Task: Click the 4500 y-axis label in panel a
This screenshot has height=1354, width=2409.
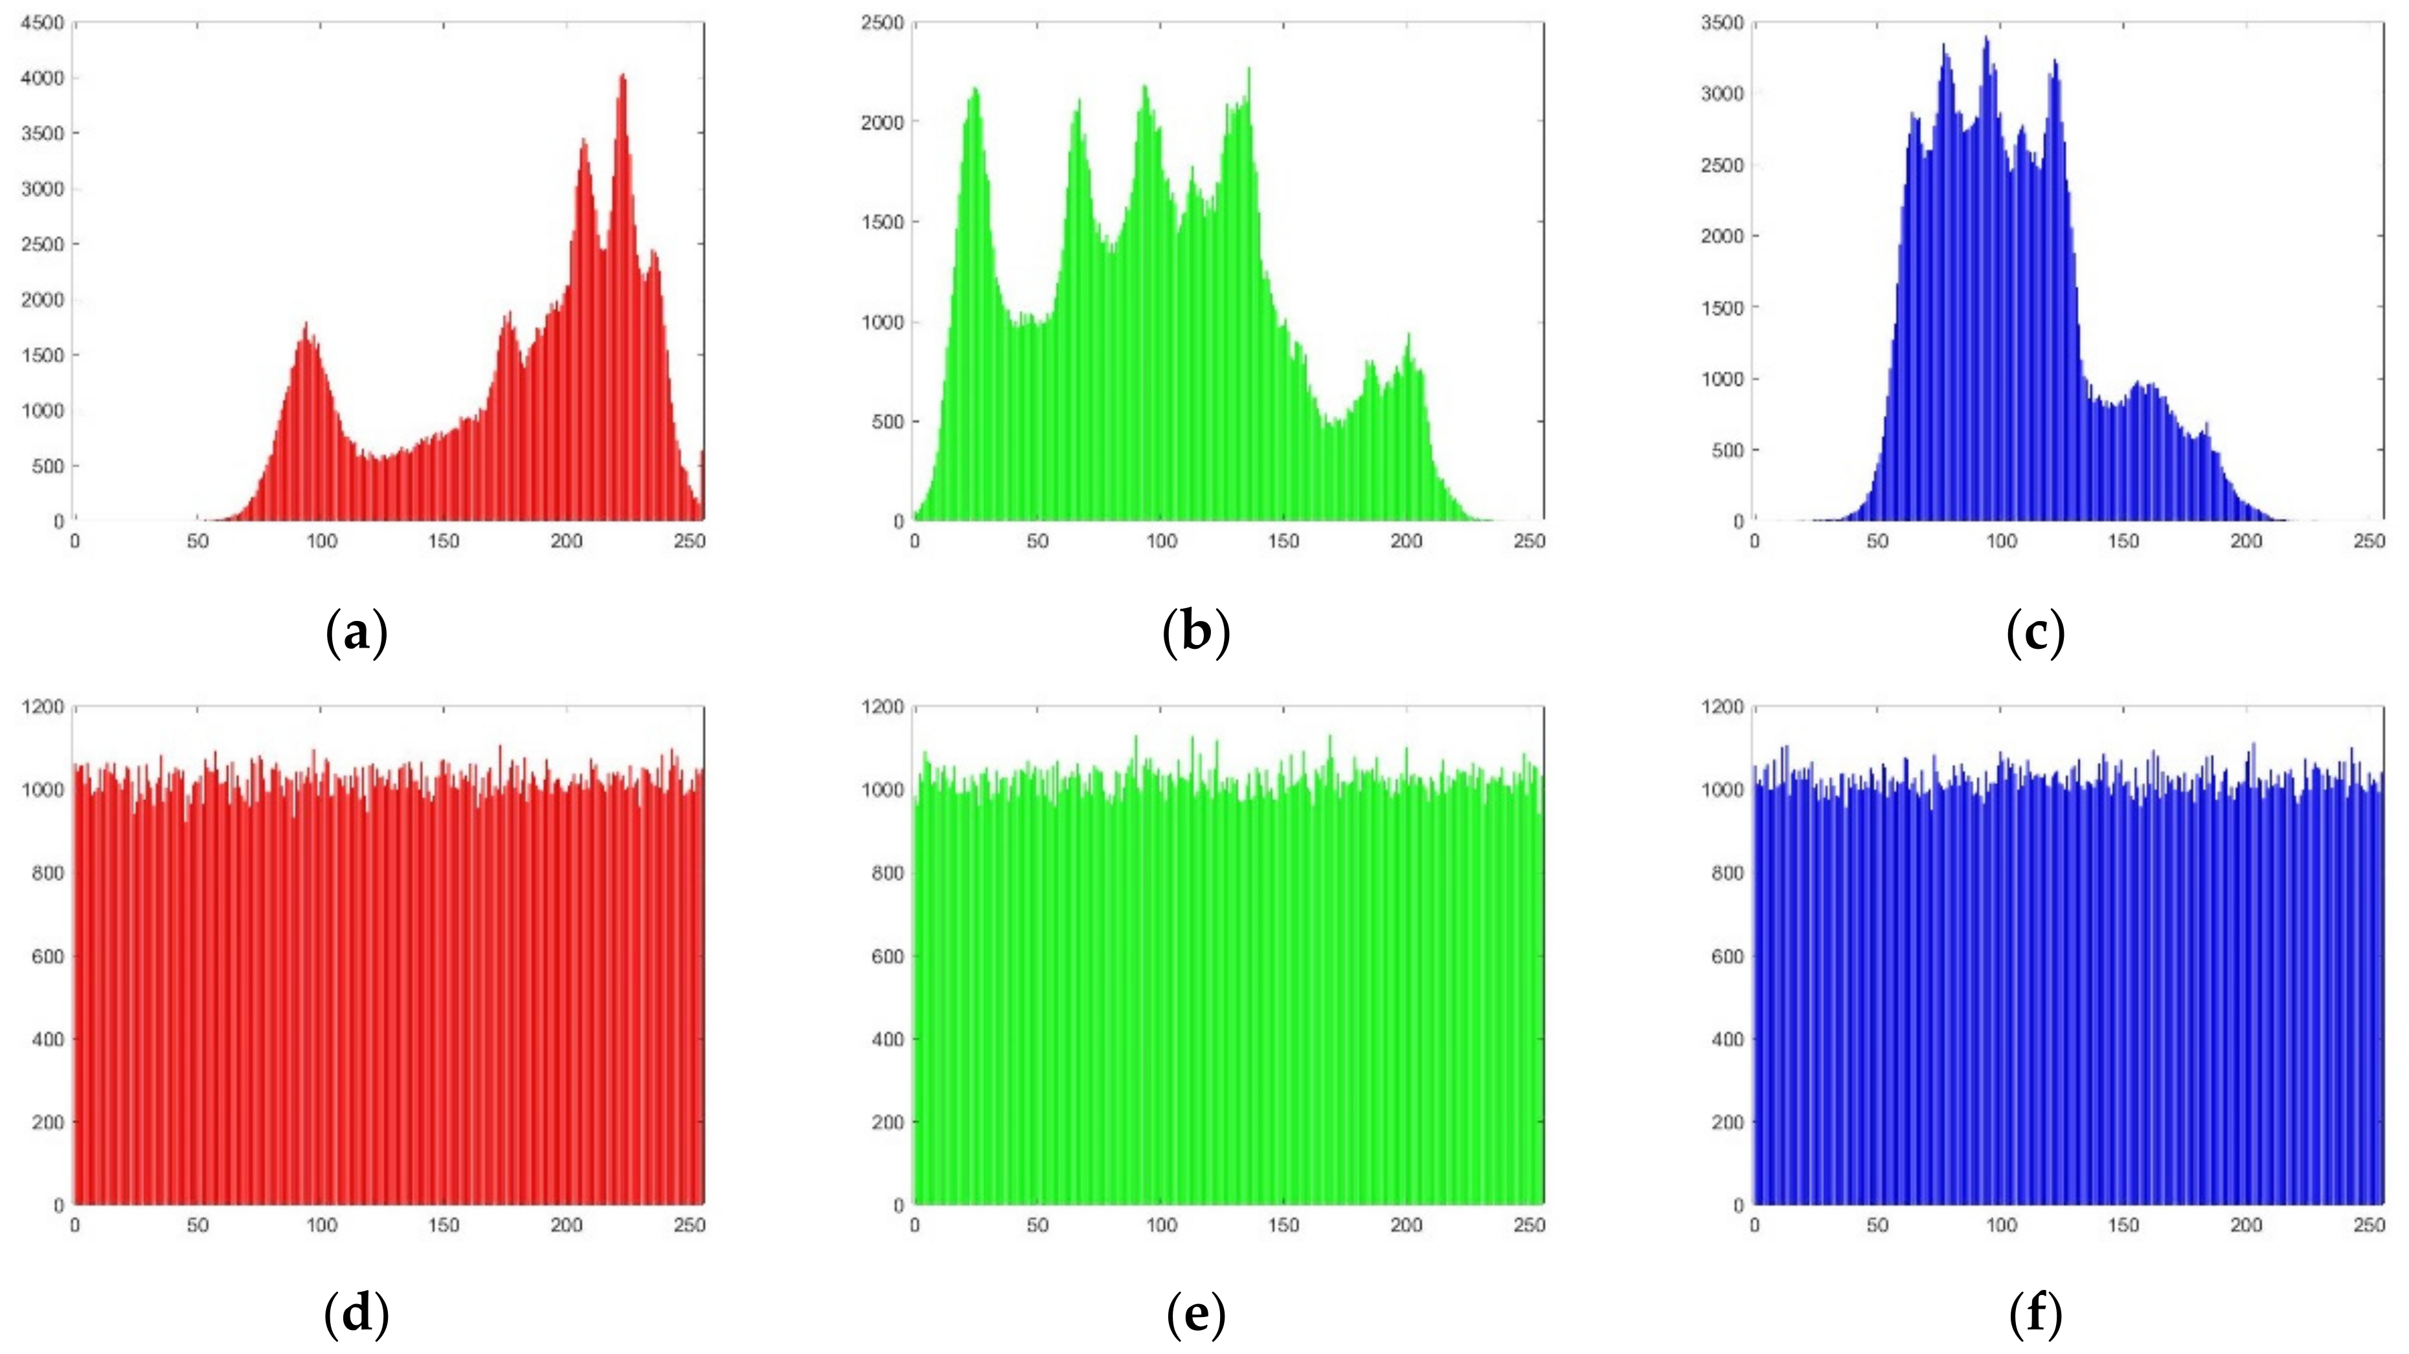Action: pyautogui.click(x=42, y=23)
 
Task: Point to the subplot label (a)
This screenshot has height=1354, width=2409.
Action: pyautogui.click(x=356, y=633)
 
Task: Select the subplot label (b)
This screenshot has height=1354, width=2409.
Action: pyautogui.click(x=1196, y=633)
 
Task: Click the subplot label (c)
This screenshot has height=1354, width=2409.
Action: pyautogui.click(x=2036, y=633)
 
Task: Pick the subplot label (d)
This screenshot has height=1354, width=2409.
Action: pyautogui.click(x=356, y=1315)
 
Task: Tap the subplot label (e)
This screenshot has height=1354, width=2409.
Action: pyautogui.click(x=1196, y=1315)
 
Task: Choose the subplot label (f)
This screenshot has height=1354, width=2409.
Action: pyautogui.click(x=2036, y=1315)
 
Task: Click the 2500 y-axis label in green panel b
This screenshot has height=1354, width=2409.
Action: pyautogui.click(x=882, y=23)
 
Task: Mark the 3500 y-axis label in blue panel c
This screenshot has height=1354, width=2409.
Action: pyautogui.click(x=1723, y=23)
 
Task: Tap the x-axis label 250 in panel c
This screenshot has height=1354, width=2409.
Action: pyautogui.click(x=2369, y=541)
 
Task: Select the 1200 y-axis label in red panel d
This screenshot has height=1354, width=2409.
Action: pyautogui.click(x=42, y=707)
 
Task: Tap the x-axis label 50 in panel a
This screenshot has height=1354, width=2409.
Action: pyautogui.click(x=198, y=541)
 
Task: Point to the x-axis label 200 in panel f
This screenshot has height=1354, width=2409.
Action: pyautogui.click(x=2246, y=1225)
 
